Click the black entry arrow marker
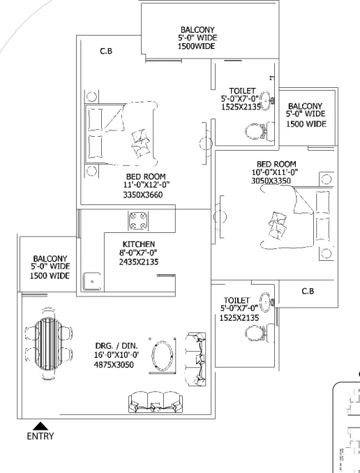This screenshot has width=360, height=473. (x=40, y=426)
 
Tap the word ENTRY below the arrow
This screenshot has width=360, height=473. (x=40, y=436)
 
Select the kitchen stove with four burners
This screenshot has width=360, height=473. (x=138, y=221)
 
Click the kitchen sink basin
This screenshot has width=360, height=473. (x=92, y=281)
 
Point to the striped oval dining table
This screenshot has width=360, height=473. (x=48, y=344)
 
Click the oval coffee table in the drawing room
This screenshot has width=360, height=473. (x=163, y=355)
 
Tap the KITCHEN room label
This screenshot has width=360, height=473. (x=139, y=244)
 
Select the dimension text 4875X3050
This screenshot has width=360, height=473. (x=114, y=365)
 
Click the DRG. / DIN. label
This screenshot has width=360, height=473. (x=117, y=346)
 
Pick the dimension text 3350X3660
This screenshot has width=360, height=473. (x=143, y=195)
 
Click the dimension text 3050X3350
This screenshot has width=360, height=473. (x=271, y=181)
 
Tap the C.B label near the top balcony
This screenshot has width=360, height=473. (x=106, y=52)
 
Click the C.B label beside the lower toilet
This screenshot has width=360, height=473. (x=308, y=291)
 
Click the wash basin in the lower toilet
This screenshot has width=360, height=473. (x=266, y=302)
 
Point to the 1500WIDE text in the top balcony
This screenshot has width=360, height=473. (x=197, y=46)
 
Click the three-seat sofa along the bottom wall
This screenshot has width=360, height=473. (x=156, y=402)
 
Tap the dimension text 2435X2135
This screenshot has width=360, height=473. (x=139, y=262)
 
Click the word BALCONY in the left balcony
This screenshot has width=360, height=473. (x=50, y=259)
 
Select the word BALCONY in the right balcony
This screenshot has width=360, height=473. (x=306, y=106)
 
